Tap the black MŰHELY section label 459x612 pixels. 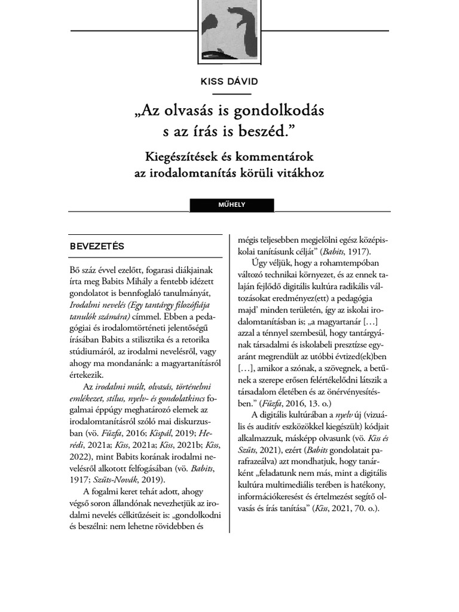click(231, 205)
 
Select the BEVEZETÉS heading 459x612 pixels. click(96, 246)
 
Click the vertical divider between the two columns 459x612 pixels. click(229, 382)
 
